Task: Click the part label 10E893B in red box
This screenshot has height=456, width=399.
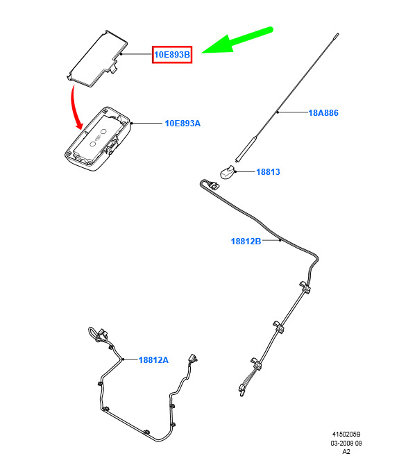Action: [172, 54]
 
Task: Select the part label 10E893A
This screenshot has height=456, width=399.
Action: [182, 124]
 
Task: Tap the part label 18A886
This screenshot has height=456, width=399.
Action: [323, 113]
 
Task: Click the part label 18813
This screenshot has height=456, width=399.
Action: [268, 172]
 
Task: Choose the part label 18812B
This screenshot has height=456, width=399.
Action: [246, 242]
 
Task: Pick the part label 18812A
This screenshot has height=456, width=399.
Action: [153, 360]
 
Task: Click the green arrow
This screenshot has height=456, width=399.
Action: [237, 40]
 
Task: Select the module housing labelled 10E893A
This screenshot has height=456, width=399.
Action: [97, 139]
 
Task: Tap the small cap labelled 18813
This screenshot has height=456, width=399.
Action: [227, 172]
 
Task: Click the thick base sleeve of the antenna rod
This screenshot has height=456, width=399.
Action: [246, 149]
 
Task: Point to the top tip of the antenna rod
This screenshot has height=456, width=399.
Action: [337, 35]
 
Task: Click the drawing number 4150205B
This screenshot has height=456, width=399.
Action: [346, 434]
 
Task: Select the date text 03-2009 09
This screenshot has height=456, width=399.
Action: [346, 444]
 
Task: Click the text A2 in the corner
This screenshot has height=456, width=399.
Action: [346, 452]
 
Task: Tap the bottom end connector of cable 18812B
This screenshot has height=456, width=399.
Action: [241, 390]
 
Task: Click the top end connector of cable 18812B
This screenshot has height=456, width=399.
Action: [214, 185]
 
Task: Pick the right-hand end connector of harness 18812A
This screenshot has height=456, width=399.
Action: [192, 359]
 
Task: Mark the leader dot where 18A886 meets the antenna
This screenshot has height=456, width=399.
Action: [278, 112]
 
